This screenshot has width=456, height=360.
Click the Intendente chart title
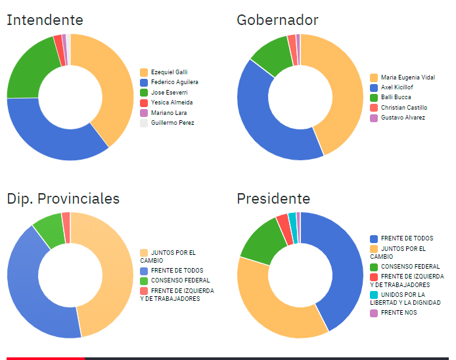[x=45, y=20]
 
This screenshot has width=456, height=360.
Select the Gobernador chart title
[x=277, y=20]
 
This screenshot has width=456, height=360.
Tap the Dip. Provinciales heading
[x=63, y=198]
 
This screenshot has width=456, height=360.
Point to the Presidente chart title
[x=273, y=198]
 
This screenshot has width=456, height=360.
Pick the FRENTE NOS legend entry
[x=398, y=313]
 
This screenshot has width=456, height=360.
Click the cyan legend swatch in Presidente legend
[x=374, y=295]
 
